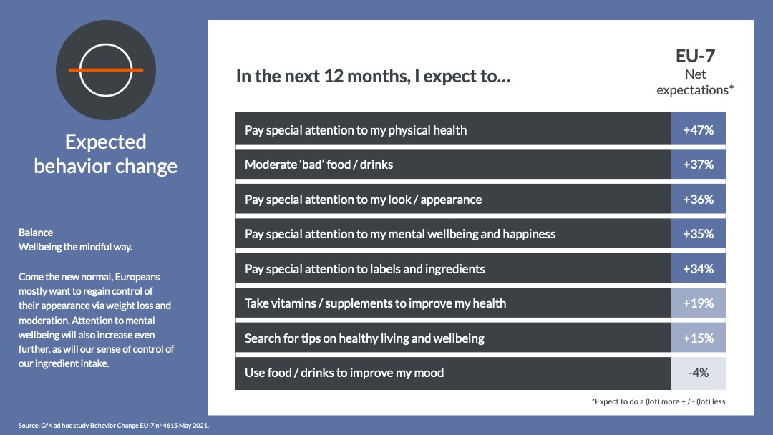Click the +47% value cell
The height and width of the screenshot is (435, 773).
click(698, 130)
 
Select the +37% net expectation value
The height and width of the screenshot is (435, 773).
click(698, 165)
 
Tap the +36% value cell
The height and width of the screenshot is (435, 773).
click(698, 200)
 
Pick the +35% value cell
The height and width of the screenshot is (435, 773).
click(698, 234)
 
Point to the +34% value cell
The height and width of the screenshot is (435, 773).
click(698, 269)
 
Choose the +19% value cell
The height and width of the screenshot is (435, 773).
click(698, 303)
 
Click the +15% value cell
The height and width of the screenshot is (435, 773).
click(698, 338)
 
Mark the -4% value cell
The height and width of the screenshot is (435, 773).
click(698, 373)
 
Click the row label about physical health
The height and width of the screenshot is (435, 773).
click(356, 130)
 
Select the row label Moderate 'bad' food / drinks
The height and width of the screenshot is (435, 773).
click(319, 165)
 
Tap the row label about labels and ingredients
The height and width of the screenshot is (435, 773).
click(365, 269)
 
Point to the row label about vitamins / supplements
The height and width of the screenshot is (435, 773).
click(375, 303)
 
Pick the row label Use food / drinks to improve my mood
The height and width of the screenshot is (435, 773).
click(344, 373)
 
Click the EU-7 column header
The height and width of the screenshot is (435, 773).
click(695, 56)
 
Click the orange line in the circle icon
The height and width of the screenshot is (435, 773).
click(106, 70)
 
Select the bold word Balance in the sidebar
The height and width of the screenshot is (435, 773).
click(36, 233)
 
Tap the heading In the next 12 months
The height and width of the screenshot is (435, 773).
click(373, 77)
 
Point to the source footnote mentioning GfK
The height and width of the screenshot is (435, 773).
click(113, 425)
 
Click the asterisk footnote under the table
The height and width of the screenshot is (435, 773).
click(658, 401)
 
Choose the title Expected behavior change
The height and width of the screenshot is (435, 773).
click(105, 154)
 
